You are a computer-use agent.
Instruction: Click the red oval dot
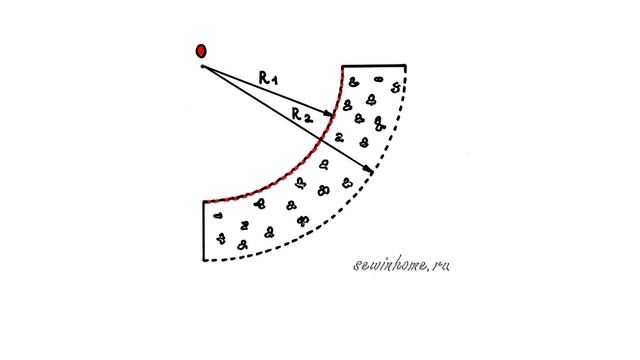click(201, 51)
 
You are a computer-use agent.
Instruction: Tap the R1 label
click(268, 78)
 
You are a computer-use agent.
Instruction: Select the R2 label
click(302, 116)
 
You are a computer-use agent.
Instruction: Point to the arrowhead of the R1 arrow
click(329, 113)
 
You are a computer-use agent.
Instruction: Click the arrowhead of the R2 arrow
click(369, 169)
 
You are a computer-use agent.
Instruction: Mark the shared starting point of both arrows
click(202, 66)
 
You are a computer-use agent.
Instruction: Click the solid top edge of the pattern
click(374, 65)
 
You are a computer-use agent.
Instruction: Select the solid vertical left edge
click(204, 231)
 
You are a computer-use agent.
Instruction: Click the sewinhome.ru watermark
click(401, 265)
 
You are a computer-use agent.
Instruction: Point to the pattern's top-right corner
click(405, 65)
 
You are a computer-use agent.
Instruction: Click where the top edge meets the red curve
click(342, 66)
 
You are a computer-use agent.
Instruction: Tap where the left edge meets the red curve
click(204, 202)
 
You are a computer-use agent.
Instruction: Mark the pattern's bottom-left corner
click(204, 260)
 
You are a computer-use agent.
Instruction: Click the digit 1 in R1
click(274, 80)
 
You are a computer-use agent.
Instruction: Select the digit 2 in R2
click(308, 118)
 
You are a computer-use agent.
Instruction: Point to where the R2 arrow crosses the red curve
click(320, 140)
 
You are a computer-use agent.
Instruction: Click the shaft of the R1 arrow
click(264, 90)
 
